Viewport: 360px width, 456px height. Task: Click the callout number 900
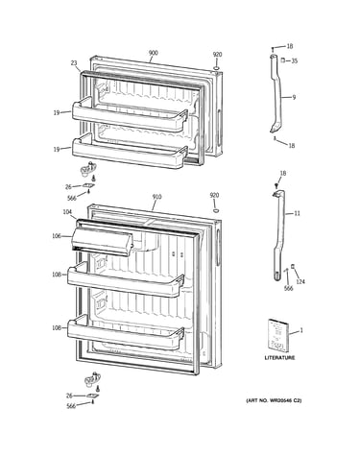click(153, 53)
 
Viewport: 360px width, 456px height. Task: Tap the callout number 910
click(156, 197)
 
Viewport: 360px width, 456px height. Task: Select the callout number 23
click(74, 63)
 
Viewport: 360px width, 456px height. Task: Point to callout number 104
click(67, 212)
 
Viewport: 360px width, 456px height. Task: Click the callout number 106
click(57, 236)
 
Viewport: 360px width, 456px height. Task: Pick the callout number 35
click(294, 60)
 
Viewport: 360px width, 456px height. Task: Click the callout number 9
click(294, 97)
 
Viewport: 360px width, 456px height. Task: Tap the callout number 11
click(298, 213)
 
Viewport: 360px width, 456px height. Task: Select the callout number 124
click(300, 281)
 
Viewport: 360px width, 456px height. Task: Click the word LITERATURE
click(279, 358)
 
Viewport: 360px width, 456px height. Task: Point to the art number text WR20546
click(279, 400)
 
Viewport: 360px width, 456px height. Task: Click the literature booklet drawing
click(278, 335)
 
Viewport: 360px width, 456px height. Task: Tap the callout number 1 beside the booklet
click(301, 330)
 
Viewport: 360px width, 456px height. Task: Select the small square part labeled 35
click(283, 60)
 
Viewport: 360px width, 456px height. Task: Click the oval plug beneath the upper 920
click(217, 68)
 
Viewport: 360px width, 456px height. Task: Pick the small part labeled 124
click(292, 266)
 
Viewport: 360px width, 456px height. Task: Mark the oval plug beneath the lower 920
click(216, 210)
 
